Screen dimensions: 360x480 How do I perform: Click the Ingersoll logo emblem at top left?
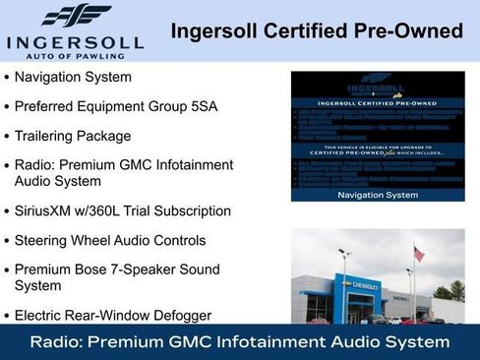75,16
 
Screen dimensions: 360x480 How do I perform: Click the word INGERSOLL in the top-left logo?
75,42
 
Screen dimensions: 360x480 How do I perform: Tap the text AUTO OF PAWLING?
75,57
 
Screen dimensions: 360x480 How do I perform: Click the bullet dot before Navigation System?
8,78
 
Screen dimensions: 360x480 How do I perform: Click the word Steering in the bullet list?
43,240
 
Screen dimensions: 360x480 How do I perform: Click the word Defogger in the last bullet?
178,316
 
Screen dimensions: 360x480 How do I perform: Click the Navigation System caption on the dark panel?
378,195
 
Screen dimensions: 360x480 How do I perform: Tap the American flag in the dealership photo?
419,253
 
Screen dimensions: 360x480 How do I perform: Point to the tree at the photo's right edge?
455,292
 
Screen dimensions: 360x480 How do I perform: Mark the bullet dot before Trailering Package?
8,136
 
